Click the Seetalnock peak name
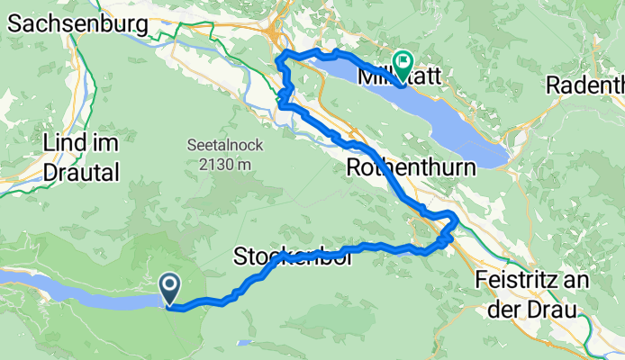[x=213, y=146]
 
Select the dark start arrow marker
[x=169, y=287]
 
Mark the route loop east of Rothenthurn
[x=446, y=226]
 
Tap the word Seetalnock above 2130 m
[x=213, y=146]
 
